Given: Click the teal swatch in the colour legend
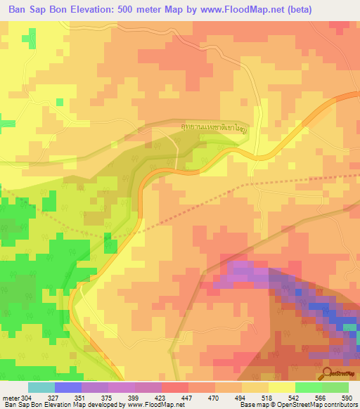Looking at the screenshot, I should pos(41,387).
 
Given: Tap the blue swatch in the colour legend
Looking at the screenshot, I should pos(68,387).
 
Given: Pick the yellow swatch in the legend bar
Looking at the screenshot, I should pos(282,387).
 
